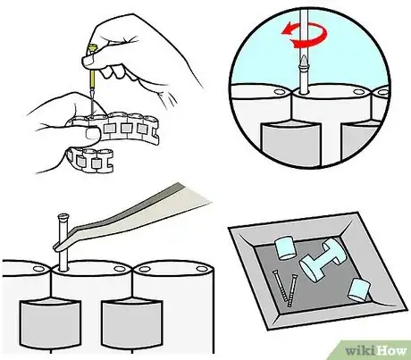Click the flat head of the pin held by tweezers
[x=63, y=216]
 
